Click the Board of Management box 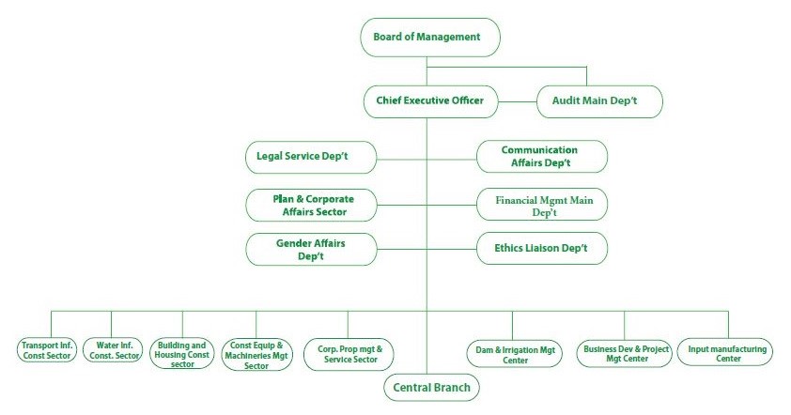tap(428, 38)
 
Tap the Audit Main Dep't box tap(599, 101)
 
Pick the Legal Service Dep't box tap(310, 155)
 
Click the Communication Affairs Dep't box tap(541, 156)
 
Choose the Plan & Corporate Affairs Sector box tap(310, 205)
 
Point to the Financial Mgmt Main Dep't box tap(541, 205)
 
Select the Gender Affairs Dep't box tap(310, 249)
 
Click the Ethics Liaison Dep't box tap(541, 249)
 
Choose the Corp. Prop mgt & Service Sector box tap(349, 354)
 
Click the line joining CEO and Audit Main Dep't tap(517, 101)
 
